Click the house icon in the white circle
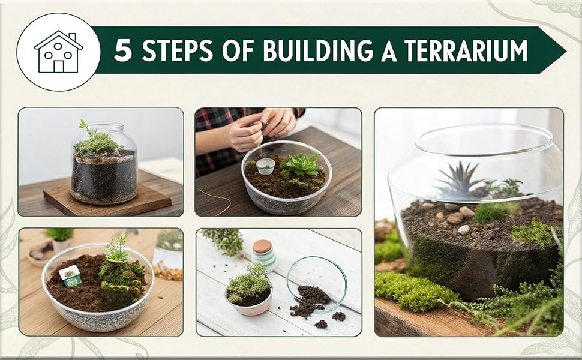point(58,52)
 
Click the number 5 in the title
point(122,51)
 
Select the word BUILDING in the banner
point(317,51)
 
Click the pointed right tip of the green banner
point(563,50)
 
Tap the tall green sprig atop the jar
point(85,128)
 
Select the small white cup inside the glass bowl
point(265,166)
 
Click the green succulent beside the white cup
point(303,164)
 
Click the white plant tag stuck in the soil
point(70,275)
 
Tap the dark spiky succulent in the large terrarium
point(458,181)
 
